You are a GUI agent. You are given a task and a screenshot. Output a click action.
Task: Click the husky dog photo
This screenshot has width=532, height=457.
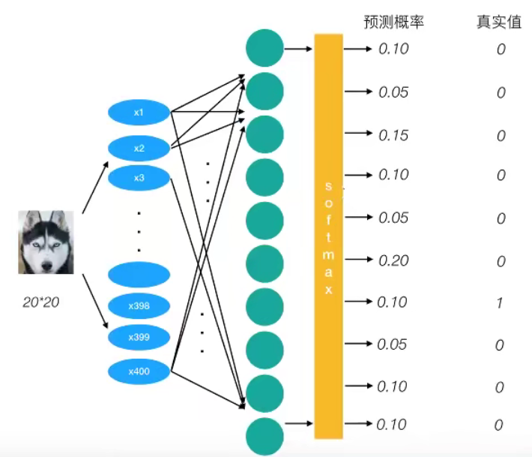[46, 242]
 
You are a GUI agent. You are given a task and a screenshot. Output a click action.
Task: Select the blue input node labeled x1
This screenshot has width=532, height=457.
[139, 113]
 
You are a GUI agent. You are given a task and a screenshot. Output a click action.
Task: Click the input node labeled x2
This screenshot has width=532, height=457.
[139, 148]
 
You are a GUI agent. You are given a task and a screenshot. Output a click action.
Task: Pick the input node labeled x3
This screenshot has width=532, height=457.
[139, 178]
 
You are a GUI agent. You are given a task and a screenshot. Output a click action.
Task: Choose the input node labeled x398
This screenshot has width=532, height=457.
[139, 306]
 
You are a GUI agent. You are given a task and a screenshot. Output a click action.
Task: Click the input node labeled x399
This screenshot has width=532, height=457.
[139, 337]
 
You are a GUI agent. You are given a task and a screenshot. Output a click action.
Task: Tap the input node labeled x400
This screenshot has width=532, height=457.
[139, 371]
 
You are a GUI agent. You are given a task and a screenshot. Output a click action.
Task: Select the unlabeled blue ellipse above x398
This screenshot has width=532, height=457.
[139, 274]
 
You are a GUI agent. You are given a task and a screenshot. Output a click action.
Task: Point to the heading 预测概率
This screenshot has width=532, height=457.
[394, 23]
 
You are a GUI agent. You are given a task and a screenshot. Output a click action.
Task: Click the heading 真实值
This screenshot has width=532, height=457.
[499, 23]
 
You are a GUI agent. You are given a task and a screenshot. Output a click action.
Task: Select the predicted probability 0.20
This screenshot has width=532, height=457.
[393, 261]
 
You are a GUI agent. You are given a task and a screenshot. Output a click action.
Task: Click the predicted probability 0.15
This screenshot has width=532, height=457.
[393, 136]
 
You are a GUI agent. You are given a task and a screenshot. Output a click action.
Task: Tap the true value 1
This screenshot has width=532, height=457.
[500, 302]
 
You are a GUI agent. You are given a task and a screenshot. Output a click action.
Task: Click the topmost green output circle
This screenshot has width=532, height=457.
[265, 48]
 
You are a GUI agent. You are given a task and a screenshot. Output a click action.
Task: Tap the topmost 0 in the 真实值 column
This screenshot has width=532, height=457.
[500, 50]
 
